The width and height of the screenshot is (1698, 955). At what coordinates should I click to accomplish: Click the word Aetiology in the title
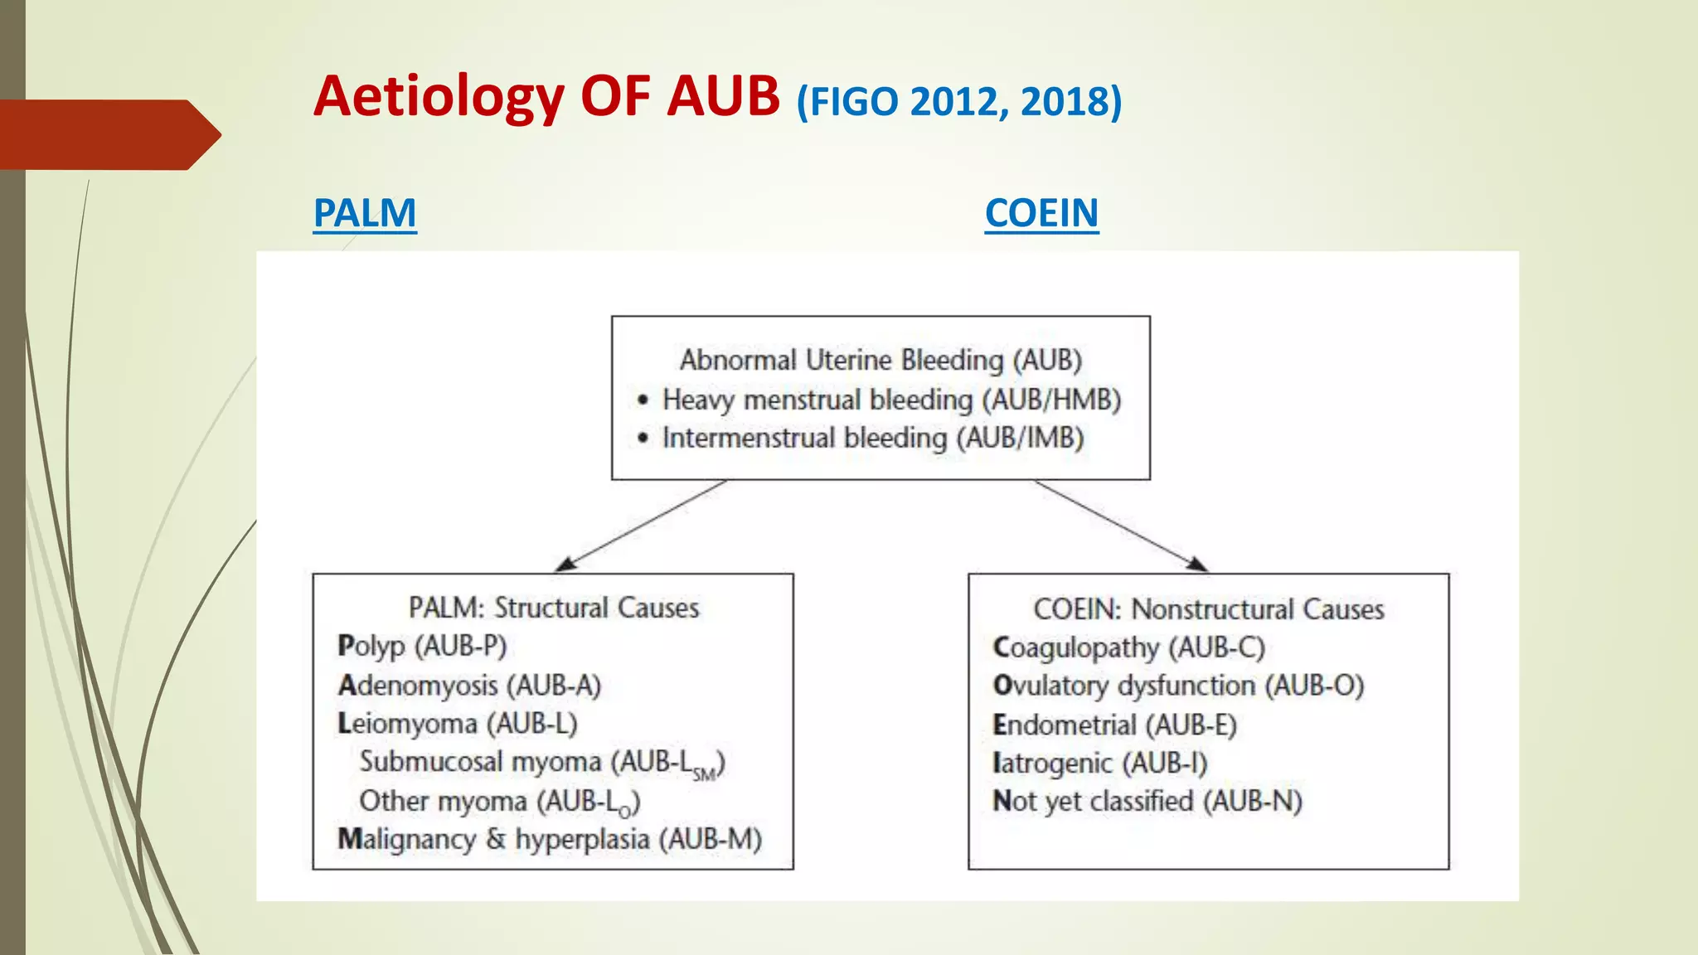click(439, 98)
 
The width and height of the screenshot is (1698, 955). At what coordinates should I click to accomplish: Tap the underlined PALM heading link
click(365, 214)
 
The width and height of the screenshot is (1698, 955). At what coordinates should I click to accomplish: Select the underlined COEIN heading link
click(1041, 214)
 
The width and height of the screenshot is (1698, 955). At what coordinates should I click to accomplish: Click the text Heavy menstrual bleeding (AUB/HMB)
click(891, 400)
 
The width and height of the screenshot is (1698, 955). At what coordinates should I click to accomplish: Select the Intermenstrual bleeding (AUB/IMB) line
click(872, 438)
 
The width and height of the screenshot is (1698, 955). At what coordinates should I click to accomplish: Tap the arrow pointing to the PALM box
click(643, 526)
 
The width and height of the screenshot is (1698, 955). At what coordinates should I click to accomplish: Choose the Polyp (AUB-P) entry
click(422, 646)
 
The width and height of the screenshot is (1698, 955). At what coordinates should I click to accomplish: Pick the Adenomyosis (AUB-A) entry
click(469, 686)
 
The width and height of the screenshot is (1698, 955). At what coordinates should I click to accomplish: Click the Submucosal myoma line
click(542, 763)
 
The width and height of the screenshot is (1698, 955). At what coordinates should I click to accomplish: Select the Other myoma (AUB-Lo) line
click(499, 802)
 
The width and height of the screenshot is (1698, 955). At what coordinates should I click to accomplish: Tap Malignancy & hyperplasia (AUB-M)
click(550, 839)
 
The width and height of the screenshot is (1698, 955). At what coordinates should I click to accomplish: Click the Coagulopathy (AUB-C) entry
click(1128, 647)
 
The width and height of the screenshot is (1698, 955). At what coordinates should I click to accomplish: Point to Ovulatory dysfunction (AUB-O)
click(1178, 686)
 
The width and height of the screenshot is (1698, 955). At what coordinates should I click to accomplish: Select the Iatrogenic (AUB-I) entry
click(1099, 763)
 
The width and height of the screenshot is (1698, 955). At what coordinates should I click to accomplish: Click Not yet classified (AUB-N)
click(1147, 802)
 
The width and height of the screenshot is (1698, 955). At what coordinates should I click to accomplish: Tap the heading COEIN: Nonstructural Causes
click(1208, 609)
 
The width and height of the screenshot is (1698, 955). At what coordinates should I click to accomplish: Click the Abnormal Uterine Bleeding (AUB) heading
click(881, 361)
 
